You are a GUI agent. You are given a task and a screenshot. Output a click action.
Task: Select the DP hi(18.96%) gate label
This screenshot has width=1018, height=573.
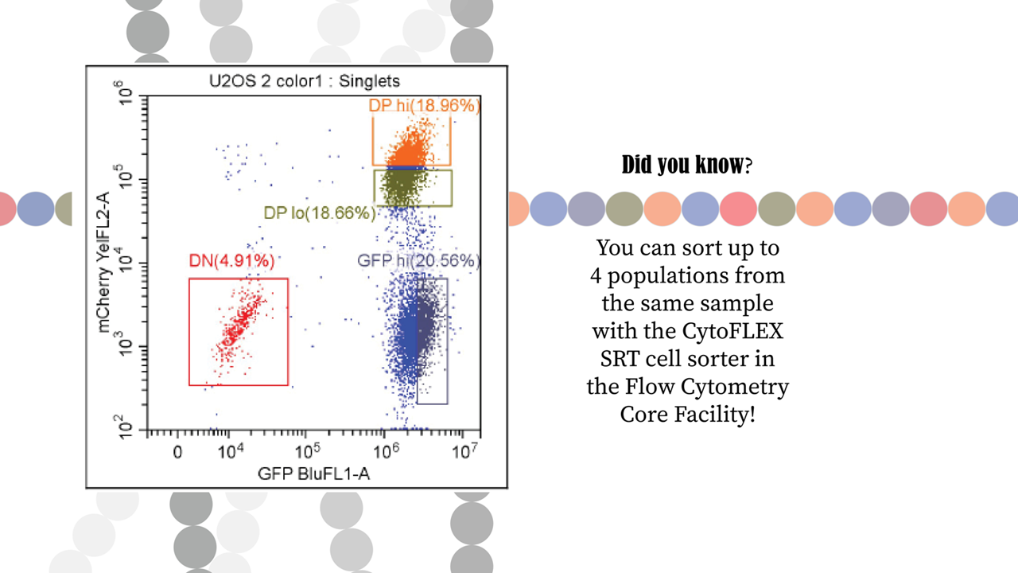pos(425,106)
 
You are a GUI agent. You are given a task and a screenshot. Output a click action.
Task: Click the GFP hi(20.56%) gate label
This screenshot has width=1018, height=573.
pos(419,261)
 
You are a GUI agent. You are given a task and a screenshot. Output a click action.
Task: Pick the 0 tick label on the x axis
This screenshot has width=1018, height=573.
pos(177,453)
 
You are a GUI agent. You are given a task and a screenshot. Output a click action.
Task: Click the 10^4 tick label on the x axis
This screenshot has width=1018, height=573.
pos(231,451)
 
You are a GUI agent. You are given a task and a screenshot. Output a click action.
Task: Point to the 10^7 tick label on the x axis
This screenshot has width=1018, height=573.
pos(464,451)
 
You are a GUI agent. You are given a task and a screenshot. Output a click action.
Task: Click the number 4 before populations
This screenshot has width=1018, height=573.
pos(595,276)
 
